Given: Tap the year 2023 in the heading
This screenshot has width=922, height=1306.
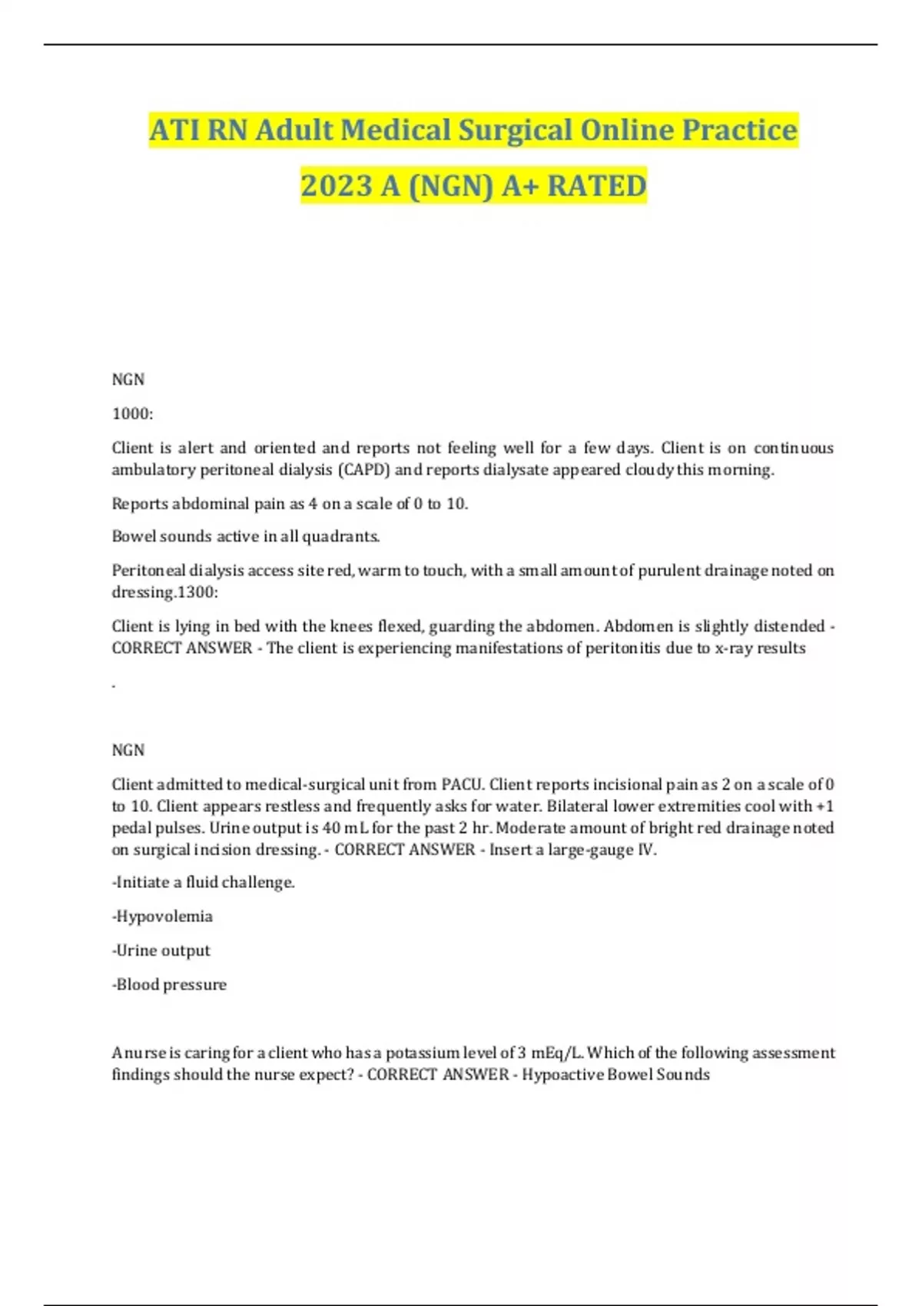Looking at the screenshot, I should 335,186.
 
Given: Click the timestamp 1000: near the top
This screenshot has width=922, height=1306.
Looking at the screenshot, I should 133,414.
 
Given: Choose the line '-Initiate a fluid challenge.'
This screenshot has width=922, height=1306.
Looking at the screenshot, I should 204,883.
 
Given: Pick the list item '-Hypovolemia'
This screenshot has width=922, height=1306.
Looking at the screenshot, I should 162,917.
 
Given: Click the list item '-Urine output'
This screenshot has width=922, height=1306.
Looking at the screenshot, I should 161,951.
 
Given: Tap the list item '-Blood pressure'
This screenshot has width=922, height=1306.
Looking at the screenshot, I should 169,985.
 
